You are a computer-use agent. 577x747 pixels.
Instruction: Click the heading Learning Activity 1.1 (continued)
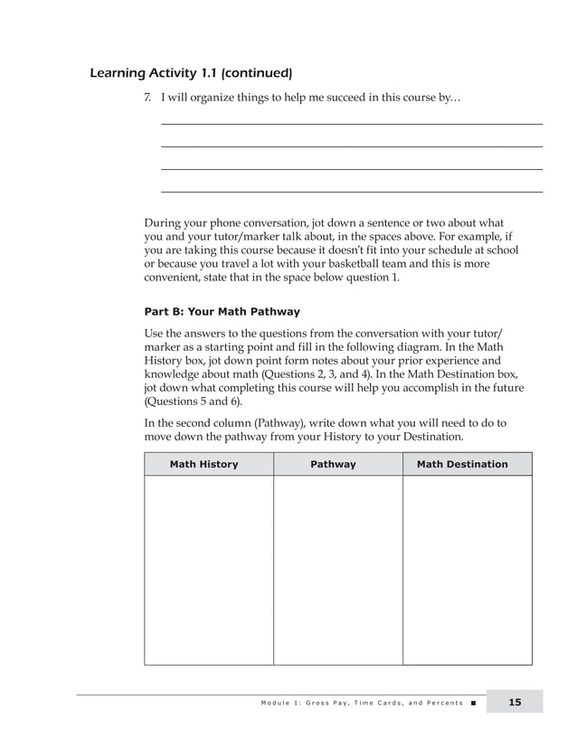click(x=191, y=72)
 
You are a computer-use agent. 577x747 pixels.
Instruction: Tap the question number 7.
click(x=148, y=97)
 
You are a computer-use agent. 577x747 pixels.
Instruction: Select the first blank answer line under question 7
click(x=351, y=124)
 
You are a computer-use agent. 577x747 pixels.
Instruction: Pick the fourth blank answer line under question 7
click(x=351, y=192)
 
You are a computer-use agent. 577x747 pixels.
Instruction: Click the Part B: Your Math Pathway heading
click(x=222, y=312)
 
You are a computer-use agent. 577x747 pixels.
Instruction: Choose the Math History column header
click(x=204, y=464)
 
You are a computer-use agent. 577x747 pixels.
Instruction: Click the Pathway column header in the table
click(x=334, y=464)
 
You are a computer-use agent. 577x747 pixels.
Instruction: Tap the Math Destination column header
click(x=462, y=464)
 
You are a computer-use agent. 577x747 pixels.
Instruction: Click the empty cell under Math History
click(x=208, y=570)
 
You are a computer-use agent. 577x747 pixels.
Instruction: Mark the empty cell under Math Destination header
click(x=467, y=570)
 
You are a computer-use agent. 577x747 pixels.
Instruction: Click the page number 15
click(x=514, y=702)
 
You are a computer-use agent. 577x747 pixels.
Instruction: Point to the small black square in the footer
click(x=473, y=703)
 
